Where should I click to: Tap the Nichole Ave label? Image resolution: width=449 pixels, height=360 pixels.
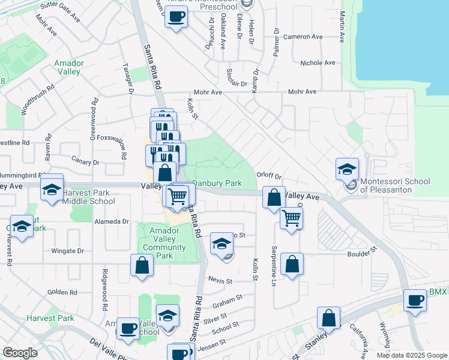click(x=318, y=62)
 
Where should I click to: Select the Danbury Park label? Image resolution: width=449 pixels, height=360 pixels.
click(x=217, y=182)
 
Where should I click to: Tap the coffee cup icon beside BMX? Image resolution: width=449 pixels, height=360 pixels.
click(x=414, y=301)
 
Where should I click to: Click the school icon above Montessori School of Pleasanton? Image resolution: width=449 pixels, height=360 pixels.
click(x=347, y=170)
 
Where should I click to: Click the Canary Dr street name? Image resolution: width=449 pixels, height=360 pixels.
click(x=85, y=162)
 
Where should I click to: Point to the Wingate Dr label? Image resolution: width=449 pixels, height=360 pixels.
click(x=67, y=251)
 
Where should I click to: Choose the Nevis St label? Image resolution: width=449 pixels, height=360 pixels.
click(x=221, y=281)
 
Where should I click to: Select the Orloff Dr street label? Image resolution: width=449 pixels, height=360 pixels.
click(x=269, y=176)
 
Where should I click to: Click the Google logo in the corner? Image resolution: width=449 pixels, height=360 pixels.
click(x=20, y=353)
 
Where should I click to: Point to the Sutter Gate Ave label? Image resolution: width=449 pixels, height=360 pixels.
click(x=60, y=11)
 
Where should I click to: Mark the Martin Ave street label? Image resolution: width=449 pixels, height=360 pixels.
click(x=342, y=27)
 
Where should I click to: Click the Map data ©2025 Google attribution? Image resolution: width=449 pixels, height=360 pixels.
click(x=411, y=355)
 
